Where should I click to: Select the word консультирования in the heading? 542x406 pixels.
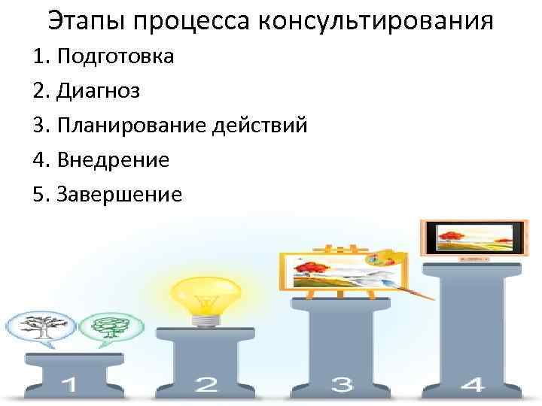tap(376, 21)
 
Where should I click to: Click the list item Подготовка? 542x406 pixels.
tap(114, 57)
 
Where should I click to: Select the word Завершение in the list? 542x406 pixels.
tap(126, 195)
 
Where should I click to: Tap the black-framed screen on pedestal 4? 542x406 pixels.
tap(472, 238)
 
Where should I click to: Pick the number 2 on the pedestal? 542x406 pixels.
tap(206, 386)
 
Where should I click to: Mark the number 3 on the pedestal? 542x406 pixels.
tap(343, 386)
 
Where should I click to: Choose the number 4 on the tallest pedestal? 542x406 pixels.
tap(473, 385)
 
